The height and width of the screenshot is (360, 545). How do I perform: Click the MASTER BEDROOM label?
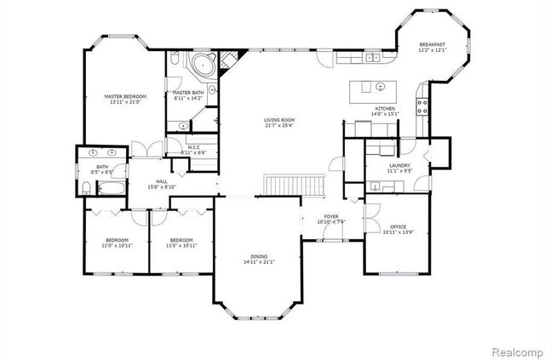(125, 97)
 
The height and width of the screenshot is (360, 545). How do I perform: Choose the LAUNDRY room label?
(399, 165)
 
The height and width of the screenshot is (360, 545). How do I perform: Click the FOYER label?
(331, 217)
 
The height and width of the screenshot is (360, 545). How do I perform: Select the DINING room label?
(259, 256)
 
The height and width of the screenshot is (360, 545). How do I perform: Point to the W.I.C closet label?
(193, 147)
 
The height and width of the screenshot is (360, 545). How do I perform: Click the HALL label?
(161, 181)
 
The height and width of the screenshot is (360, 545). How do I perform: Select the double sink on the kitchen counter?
(372, 58)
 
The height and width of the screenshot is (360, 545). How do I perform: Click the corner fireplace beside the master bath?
(227, 61)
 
